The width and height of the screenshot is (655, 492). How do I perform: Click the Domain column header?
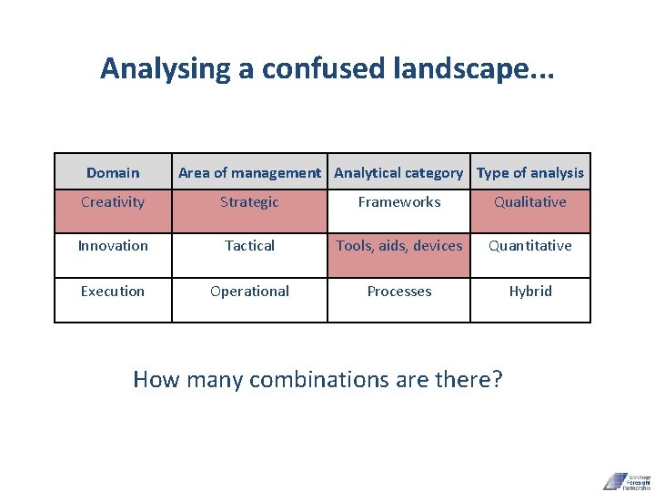pyautogui.click(x=113, y=172)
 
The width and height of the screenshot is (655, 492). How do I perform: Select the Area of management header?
pyautogui.click(x=249, y=172)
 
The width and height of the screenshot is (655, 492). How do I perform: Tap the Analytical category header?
pyautogui.click(x=398, y=172)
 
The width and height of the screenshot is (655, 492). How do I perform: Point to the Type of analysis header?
pyautogui.click(x=530, y=172)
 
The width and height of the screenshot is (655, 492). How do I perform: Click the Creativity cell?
pyautogui.click(x=113, y=202)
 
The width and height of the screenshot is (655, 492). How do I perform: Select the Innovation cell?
pyautogui.click(x=113, y=246)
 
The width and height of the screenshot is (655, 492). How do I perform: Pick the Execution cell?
pyautogui.click(x=113, y=292)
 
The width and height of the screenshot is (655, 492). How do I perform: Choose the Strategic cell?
pyautogui.click(x=249, y=202)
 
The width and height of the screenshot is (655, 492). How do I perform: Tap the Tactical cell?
pyautogui.click(x=249, y=246)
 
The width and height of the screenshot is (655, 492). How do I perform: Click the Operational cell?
pyautogui.click(x=249, y=292)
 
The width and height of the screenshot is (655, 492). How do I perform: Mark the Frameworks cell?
pyautogui.click(x=398, y=202)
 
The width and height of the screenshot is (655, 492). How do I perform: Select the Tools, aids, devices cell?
pyautogui.click(x=398, y=246)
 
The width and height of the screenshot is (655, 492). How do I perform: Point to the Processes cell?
pyautogui.click(x=398, y=292)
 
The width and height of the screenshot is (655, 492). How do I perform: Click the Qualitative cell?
pyautogui.click(x=530, y=202)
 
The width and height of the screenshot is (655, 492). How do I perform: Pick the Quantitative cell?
pyautogui.click(x=530, y=246)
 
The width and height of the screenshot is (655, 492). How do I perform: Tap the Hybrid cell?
pyautogui.click(x=530, y=292)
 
